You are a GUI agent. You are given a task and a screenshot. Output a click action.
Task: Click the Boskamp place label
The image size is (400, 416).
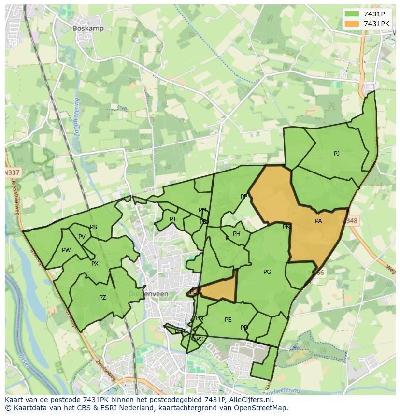88,29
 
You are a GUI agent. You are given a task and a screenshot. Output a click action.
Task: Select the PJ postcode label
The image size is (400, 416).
337,154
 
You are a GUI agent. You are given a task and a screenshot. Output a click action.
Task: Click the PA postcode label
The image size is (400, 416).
318,221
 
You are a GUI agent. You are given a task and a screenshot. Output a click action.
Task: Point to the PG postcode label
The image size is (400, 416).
267,272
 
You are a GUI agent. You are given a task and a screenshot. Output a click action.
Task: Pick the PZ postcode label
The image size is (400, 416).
102,298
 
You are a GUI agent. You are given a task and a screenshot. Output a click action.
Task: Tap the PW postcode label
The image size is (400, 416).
66,250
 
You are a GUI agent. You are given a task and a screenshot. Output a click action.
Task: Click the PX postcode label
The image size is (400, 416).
95,264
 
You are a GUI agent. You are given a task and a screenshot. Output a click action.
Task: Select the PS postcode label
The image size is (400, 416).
93,227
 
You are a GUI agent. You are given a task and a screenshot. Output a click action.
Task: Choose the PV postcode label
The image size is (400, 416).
82,237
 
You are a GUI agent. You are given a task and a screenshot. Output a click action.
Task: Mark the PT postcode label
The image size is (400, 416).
173,219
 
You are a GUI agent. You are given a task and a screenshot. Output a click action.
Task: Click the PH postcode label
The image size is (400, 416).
237,234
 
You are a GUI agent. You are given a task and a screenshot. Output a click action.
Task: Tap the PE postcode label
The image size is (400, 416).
228,320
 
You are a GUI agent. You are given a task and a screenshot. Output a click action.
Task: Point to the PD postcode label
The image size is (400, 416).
244,328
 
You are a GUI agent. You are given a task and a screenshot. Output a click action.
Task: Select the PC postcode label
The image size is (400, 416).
200,339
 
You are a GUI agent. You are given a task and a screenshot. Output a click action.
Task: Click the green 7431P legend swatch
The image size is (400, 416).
352,14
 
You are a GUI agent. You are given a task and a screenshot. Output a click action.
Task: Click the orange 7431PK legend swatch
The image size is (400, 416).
352,24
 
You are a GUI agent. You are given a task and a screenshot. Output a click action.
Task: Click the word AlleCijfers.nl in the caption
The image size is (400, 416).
250,400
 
